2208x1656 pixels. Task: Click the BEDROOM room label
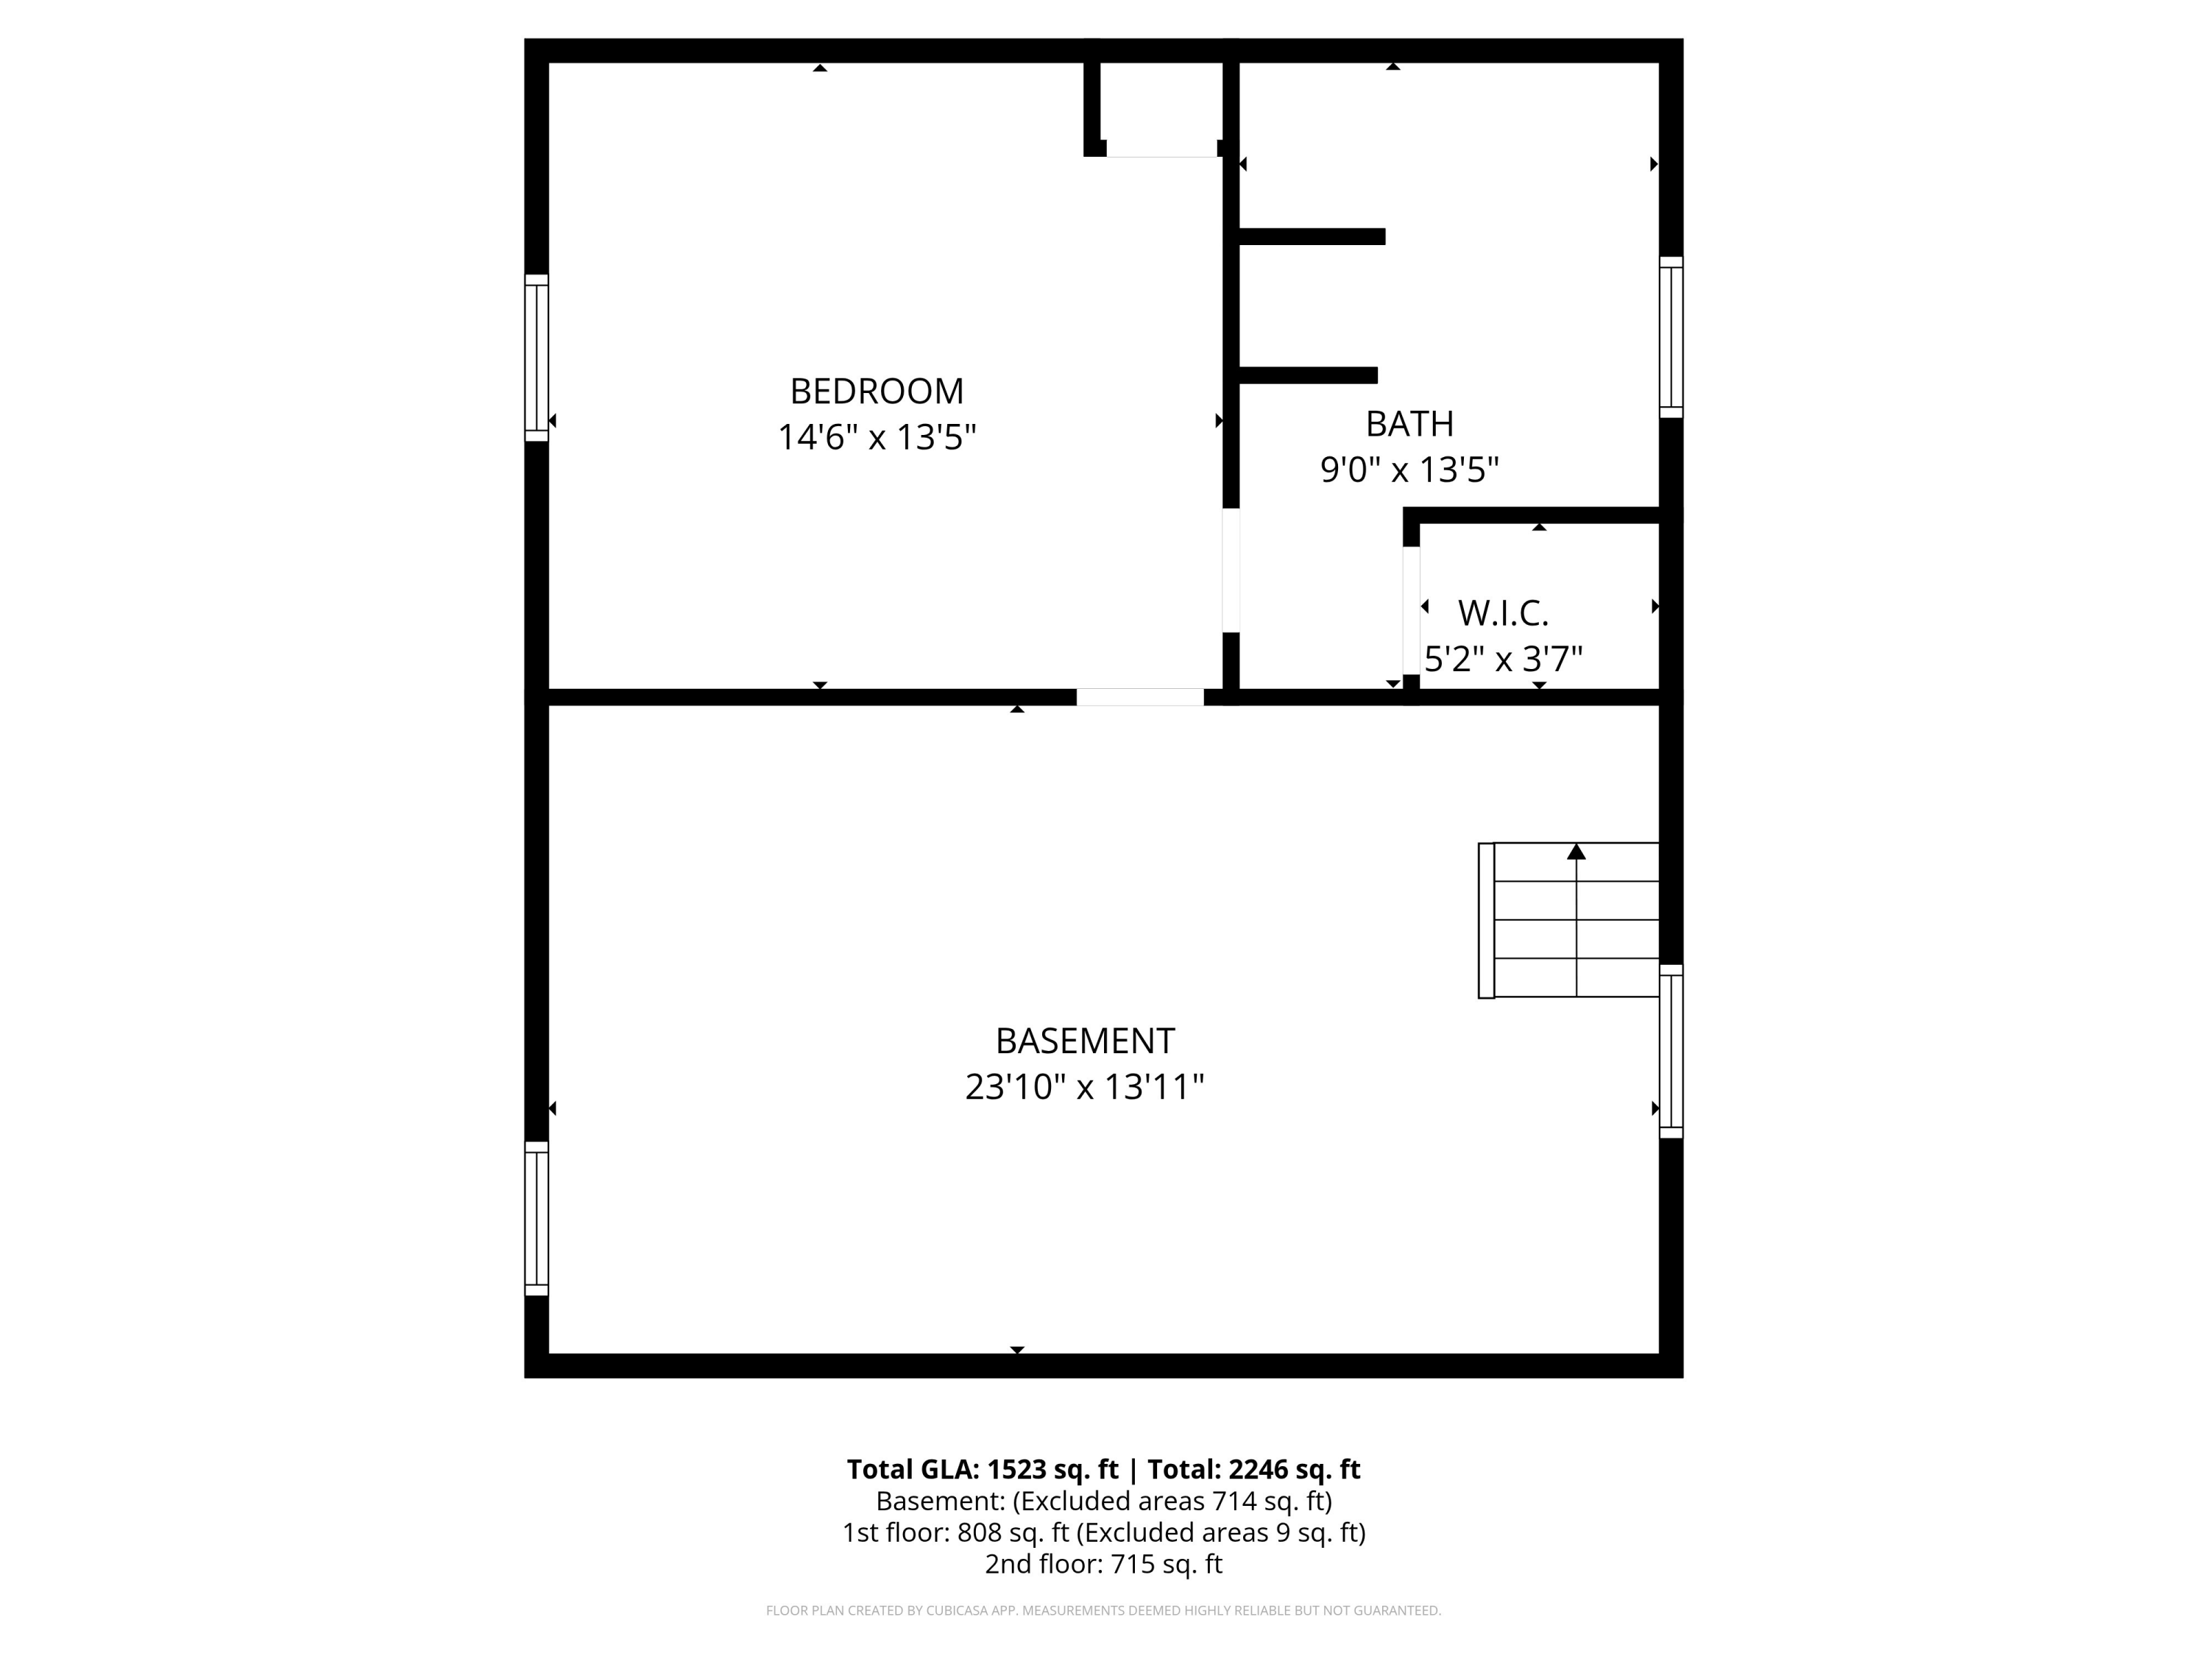point(877,392)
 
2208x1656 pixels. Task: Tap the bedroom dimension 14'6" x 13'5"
point(877,437)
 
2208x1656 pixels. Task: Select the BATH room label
point(1409,424)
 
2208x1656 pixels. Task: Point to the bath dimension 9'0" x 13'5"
point(1409,469)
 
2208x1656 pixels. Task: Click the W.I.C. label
point(1502,613)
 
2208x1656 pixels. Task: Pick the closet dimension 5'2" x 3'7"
point(1502,659)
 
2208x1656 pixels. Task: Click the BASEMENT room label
point(1084,1041)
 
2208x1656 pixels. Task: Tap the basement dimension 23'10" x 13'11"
point(1084,1087)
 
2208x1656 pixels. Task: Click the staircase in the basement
point(1568,920)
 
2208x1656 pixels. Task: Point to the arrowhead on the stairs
point(1577,852)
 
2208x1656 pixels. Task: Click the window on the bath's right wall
point(1671,337)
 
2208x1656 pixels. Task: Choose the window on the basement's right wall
point(1671,1051)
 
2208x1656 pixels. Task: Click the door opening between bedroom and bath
point(1231,570)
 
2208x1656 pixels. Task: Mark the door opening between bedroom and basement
point(1140,697)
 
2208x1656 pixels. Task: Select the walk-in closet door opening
point(1410,610)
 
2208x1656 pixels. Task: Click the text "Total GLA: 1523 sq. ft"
point(983,1469)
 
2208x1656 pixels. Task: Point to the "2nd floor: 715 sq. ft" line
point(1103,1564)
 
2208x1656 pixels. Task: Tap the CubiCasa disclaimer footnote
point(1103,1610)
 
